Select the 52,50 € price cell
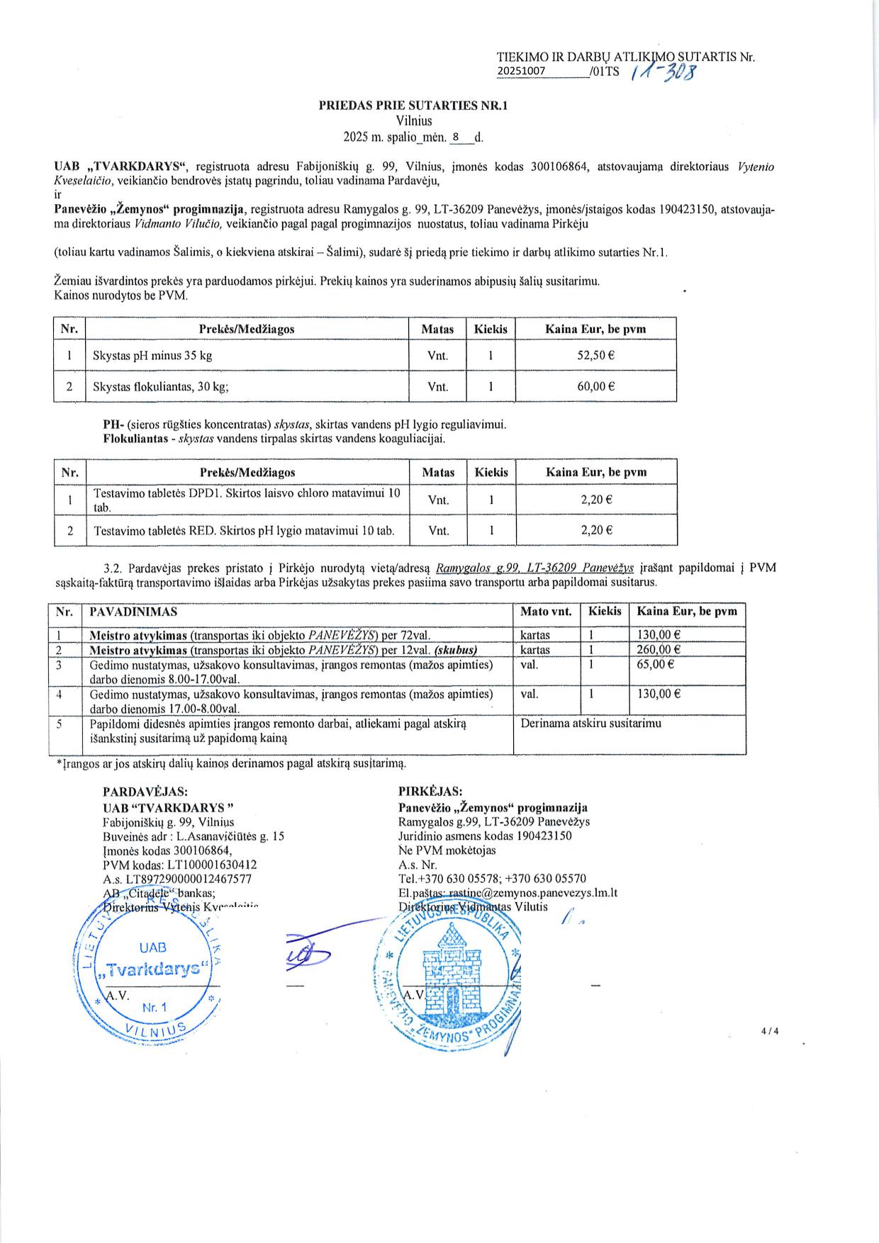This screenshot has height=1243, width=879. pos(595,356)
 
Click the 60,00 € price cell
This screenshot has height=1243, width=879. pos(595,387)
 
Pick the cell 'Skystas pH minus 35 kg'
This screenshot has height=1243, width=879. pos(152,356)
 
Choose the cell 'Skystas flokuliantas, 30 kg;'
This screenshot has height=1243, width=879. pos(161,387)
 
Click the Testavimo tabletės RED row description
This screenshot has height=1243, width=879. pos(244,530)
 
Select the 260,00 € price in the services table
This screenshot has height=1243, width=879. pos(659,649)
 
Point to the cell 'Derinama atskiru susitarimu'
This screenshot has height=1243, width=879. pos(590,724)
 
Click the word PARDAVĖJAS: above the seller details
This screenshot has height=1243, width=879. pos(145,791)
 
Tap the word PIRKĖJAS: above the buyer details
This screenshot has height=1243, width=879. pos(430,791)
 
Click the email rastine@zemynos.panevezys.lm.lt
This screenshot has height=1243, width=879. pos(531,893)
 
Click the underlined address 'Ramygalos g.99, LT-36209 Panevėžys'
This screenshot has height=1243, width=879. pos(534,568)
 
